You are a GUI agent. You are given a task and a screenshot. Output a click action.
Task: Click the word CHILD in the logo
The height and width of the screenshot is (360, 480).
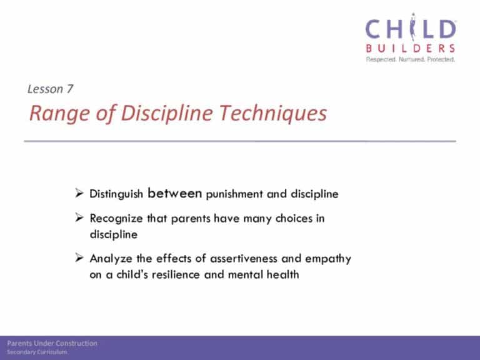coord(411,27)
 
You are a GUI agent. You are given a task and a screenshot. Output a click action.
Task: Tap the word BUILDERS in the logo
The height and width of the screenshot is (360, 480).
coord(411,48)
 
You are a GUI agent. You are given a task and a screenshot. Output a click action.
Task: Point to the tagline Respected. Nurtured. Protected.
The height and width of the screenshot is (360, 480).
coord(410,59)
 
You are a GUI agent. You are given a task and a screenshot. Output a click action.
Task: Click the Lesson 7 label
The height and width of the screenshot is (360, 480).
coord(50,89)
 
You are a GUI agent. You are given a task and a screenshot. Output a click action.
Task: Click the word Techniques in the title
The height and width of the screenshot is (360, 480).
coord(273,113)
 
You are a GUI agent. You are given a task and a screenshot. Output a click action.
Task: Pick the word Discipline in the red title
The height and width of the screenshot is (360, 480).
coord(167,113)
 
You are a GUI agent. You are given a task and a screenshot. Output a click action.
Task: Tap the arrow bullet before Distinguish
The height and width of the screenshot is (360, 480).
coord(79,193)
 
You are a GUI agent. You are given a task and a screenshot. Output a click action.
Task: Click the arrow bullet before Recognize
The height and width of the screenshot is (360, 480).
coord(79,217)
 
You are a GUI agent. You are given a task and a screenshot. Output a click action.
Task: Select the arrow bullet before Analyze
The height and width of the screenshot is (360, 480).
coord(79,257)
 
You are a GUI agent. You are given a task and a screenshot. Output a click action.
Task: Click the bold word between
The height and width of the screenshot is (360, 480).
coord(175,193)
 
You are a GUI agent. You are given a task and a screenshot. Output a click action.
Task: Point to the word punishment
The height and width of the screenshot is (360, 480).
coord(234,194)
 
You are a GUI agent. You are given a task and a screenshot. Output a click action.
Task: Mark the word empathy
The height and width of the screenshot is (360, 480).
coord(328,259)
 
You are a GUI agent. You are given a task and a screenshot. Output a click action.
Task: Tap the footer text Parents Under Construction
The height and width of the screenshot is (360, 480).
coord(52,344)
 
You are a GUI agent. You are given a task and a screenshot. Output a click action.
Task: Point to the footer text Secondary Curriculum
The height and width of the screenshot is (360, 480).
coord(37,352)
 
